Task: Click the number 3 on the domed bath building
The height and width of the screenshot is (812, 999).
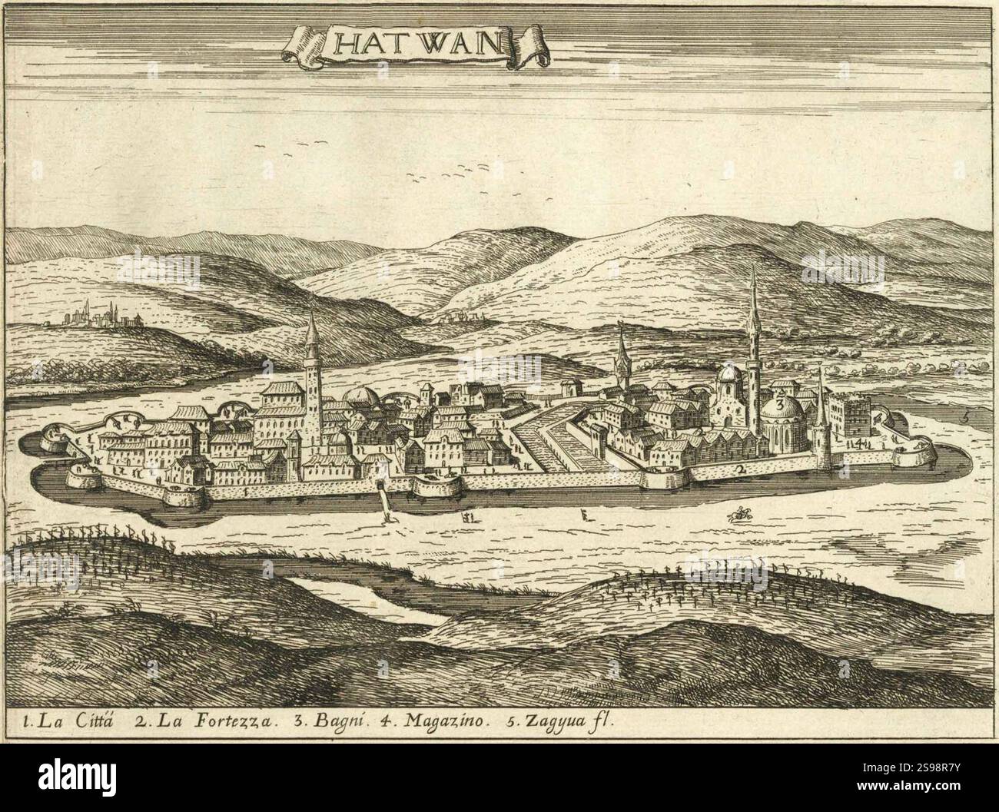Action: point(779,403)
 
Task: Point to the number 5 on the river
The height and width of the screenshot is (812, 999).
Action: point(965,417)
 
